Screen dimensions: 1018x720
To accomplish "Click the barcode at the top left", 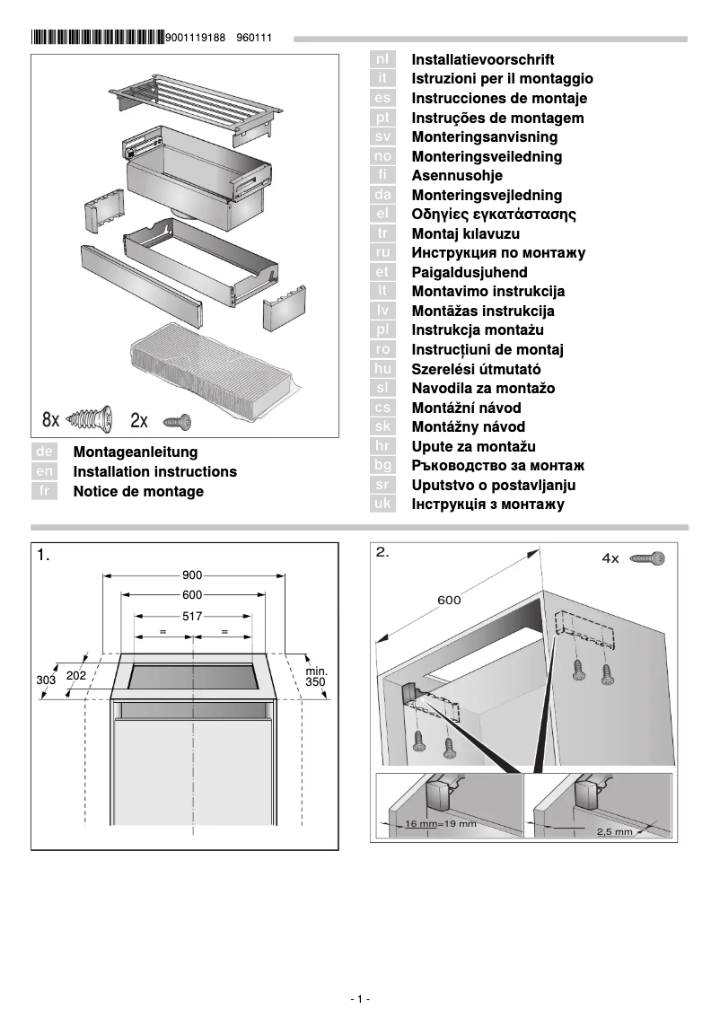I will (x=97, y=38).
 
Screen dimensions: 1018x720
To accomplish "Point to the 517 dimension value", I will (x=192, y=617).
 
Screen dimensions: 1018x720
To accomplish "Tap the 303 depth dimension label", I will (x=46, y=680).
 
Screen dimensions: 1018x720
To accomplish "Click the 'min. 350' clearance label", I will (x=316, y=677).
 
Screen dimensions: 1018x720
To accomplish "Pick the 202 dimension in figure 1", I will (x=76, y=675).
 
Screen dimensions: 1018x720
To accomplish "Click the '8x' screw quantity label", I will (x=50, y=419).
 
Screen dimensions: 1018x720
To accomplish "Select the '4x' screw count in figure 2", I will (x=610, y=558).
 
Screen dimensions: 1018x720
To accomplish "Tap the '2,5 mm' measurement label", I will (x=615, y=832).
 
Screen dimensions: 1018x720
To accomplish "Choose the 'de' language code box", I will (x=44, y=452).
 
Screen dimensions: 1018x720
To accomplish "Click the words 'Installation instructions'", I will (x=154, y=472).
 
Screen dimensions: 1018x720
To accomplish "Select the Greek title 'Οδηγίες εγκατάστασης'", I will (x=493, y=215).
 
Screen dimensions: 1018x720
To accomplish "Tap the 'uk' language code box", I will (x=382, y=505).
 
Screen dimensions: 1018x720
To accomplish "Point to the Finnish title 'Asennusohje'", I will (x=456, y=176).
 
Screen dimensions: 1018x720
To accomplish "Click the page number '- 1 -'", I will (x=359, y=999).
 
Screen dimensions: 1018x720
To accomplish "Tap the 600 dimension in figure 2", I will (x=449, y=601).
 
